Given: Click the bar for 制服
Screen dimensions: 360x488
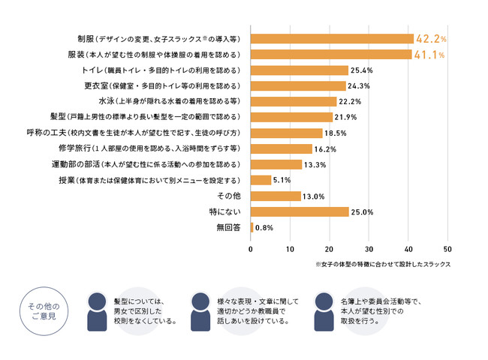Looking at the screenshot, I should coord(332,38).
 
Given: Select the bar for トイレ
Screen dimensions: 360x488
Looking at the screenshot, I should coord(299,70).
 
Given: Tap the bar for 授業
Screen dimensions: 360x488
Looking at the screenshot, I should coord(261,180).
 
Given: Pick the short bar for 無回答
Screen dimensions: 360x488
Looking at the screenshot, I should coord(252,227).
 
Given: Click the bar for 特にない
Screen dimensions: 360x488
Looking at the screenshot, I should coord(300,211).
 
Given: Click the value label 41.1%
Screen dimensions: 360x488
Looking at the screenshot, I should coord(429,54).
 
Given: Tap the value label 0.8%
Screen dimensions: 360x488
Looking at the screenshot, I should coord(264,227).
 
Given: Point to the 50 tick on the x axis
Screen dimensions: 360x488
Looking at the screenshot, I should coord(447,249).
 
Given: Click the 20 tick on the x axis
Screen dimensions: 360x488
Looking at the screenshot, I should coord(329,249).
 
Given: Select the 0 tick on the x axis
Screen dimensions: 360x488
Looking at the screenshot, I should coord(251,249).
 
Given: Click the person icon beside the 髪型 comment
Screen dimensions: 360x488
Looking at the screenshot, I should coord(98,310).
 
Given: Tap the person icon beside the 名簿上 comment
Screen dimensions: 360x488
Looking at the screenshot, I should coord(324,310).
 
